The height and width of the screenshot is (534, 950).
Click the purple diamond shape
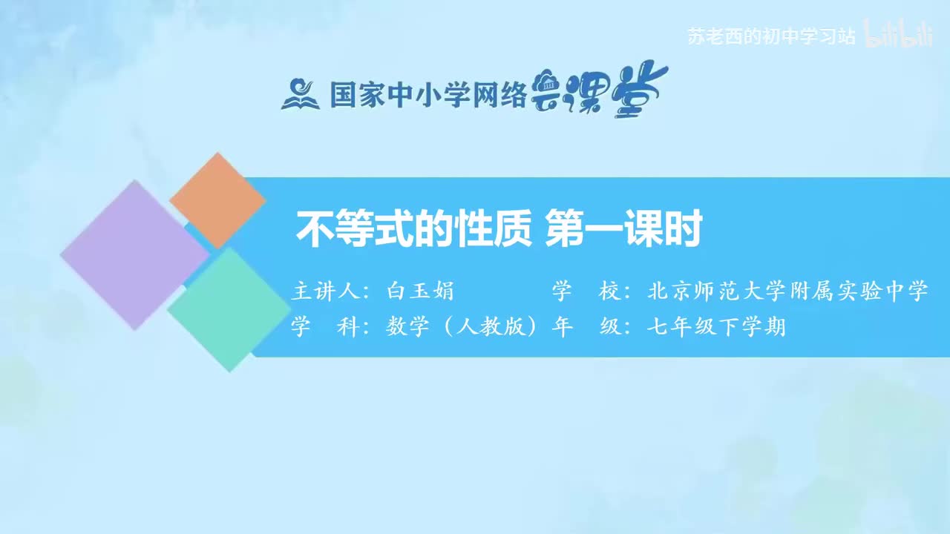[x=134, y=254]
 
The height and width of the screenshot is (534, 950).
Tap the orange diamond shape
[x=217, y=200]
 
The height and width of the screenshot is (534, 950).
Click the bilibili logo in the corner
[x=899, y=36]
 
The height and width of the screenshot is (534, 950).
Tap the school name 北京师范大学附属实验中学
[x=788, y=291]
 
